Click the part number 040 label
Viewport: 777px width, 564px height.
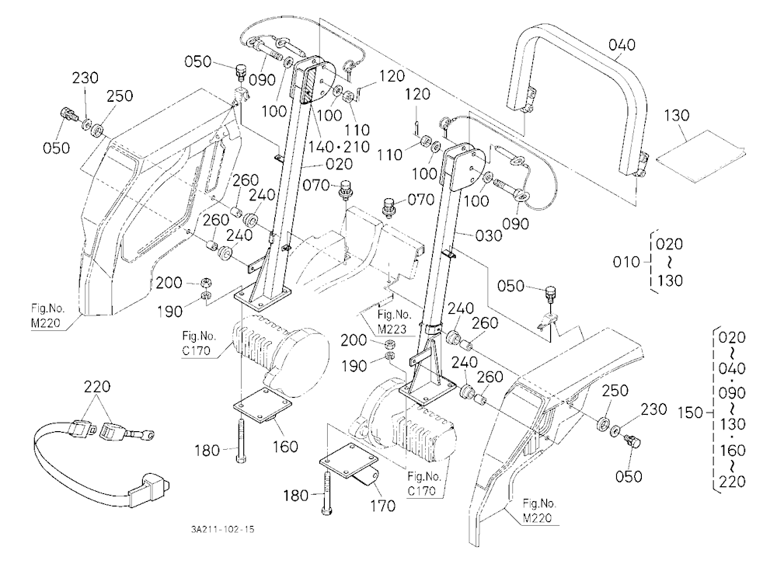[x=622, y=45]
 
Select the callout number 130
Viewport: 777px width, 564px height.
[x=677, y=116]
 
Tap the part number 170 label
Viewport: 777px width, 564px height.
[x=382, y=506]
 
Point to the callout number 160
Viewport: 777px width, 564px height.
[x=285, y=447]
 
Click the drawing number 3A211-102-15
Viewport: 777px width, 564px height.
[x=222, y=529]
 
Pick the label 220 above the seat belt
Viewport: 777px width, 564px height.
[x=96, y=387]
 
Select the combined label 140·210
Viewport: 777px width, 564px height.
[x=339, y=147]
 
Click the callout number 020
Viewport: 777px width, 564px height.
[x=339, y=164]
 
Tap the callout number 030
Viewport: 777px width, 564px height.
[x=489, y=235]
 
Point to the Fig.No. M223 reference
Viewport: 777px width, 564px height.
[x=395, y=322]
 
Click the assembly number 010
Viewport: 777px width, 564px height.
[x=626, y=262]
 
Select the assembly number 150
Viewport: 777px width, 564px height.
[x=690, y=413]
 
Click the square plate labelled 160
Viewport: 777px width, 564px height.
[x=263, y=405]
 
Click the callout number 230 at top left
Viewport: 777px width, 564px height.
[x=85, y=78]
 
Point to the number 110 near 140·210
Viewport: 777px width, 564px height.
[x=357, y=130]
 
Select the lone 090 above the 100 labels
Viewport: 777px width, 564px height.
[x=262, y=80]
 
